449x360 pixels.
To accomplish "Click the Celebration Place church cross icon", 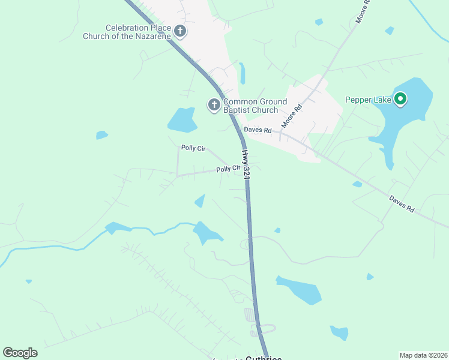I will click(x=180, y=30).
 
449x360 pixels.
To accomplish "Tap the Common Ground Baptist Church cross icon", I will click(x=214, y=106).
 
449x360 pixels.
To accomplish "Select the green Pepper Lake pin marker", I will click(x=400, y=99).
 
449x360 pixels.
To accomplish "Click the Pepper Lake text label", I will click(x=368, y=100).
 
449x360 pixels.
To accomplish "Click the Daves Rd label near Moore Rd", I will click(x=258, y=130).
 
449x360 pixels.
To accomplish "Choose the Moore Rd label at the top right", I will click(x=364, y=12).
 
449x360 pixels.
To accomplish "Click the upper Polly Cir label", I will click(x=193, y=148).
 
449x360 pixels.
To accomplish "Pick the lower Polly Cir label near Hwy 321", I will click(x=228, y=169).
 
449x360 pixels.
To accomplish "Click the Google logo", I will click(x=20, y=353).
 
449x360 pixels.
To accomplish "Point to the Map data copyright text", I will click(x=423, y=355).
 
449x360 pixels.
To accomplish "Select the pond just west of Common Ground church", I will click(x=182, y=120).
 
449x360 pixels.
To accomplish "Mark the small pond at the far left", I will click(x=101, y=135).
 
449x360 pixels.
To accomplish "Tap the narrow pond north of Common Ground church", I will click(x=242, y=73).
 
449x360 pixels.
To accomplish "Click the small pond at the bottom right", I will click(x=339, y=332).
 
